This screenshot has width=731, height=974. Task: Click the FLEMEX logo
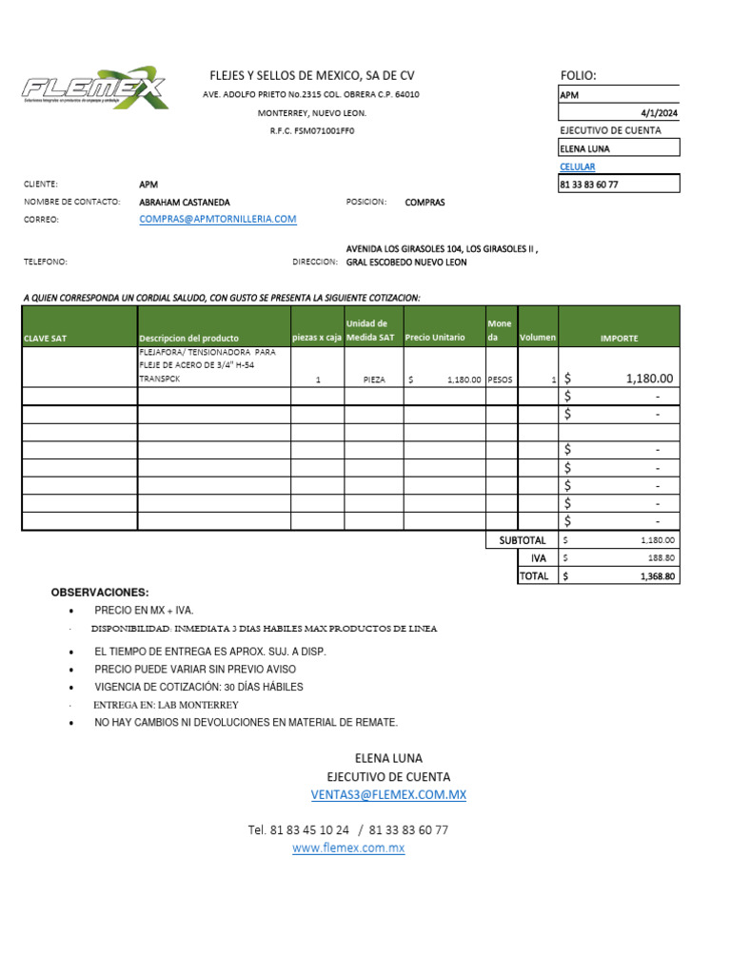tap(95, 89)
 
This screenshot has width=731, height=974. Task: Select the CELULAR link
tap(577, 166)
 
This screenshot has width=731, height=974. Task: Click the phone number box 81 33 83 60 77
tap(619, 185)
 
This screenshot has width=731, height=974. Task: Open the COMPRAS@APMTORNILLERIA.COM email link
tap(217, 219)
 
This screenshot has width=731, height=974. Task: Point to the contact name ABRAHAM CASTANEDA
tap(185, 203)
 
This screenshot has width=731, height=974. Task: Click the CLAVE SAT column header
tap(46, 338)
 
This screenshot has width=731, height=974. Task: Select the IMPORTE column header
tap(619, 338)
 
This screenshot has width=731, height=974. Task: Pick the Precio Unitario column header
tap(435, 338)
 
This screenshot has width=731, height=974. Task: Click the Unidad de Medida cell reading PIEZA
tap(375, 379)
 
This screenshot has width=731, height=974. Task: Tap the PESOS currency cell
tap(500, 379)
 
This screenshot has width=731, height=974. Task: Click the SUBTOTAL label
tap(523, 540)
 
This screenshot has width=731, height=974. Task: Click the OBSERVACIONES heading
tap(100, 593)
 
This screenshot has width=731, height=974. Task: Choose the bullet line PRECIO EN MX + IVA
tap(144, 611)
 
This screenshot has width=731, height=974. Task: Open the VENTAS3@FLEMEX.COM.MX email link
tap(388, 794)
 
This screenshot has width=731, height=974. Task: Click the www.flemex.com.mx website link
tap(348, 847)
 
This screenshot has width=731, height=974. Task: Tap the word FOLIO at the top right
tap(579, 76)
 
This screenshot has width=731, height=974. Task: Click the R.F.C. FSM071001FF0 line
tap(311, 131)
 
